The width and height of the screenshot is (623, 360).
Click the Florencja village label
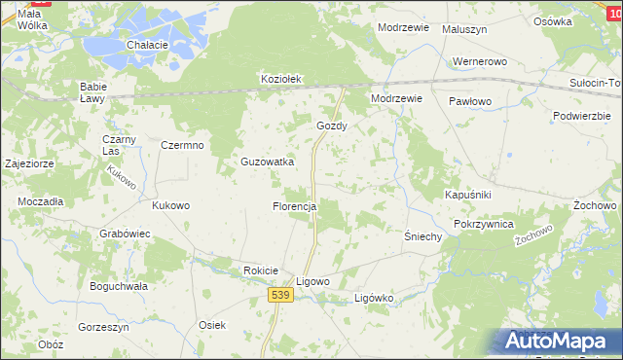tap(294, 207)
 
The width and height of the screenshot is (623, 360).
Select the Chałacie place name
tap(148, 46)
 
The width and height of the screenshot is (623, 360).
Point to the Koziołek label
tap(282, 80)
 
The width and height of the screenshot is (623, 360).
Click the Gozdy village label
tap(332, 126)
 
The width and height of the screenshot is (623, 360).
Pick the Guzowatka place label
tap(267, 162)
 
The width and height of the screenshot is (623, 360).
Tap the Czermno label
tap(181, 146)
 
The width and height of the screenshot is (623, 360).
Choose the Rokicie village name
tap(262, 270)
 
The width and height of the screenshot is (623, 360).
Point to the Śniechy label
tap(423, 236)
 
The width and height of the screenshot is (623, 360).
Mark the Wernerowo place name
tap(481, 62)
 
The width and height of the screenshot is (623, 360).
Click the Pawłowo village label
tap(471, 101)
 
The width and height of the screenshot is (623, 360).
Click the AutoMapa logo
tap(559, 341)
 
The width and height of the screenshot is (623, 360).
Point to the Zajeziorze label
tap(29, 164)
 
